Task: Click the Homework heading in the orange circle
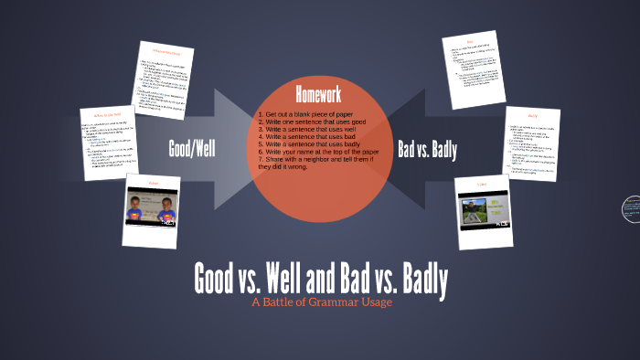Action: (x=318, y=95)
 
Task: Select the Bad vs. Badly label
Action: (x=427, y=150)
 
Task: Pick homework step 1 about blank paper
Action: (x=305, y=114)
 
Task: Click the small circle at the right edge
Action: (x=632, y=209)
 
